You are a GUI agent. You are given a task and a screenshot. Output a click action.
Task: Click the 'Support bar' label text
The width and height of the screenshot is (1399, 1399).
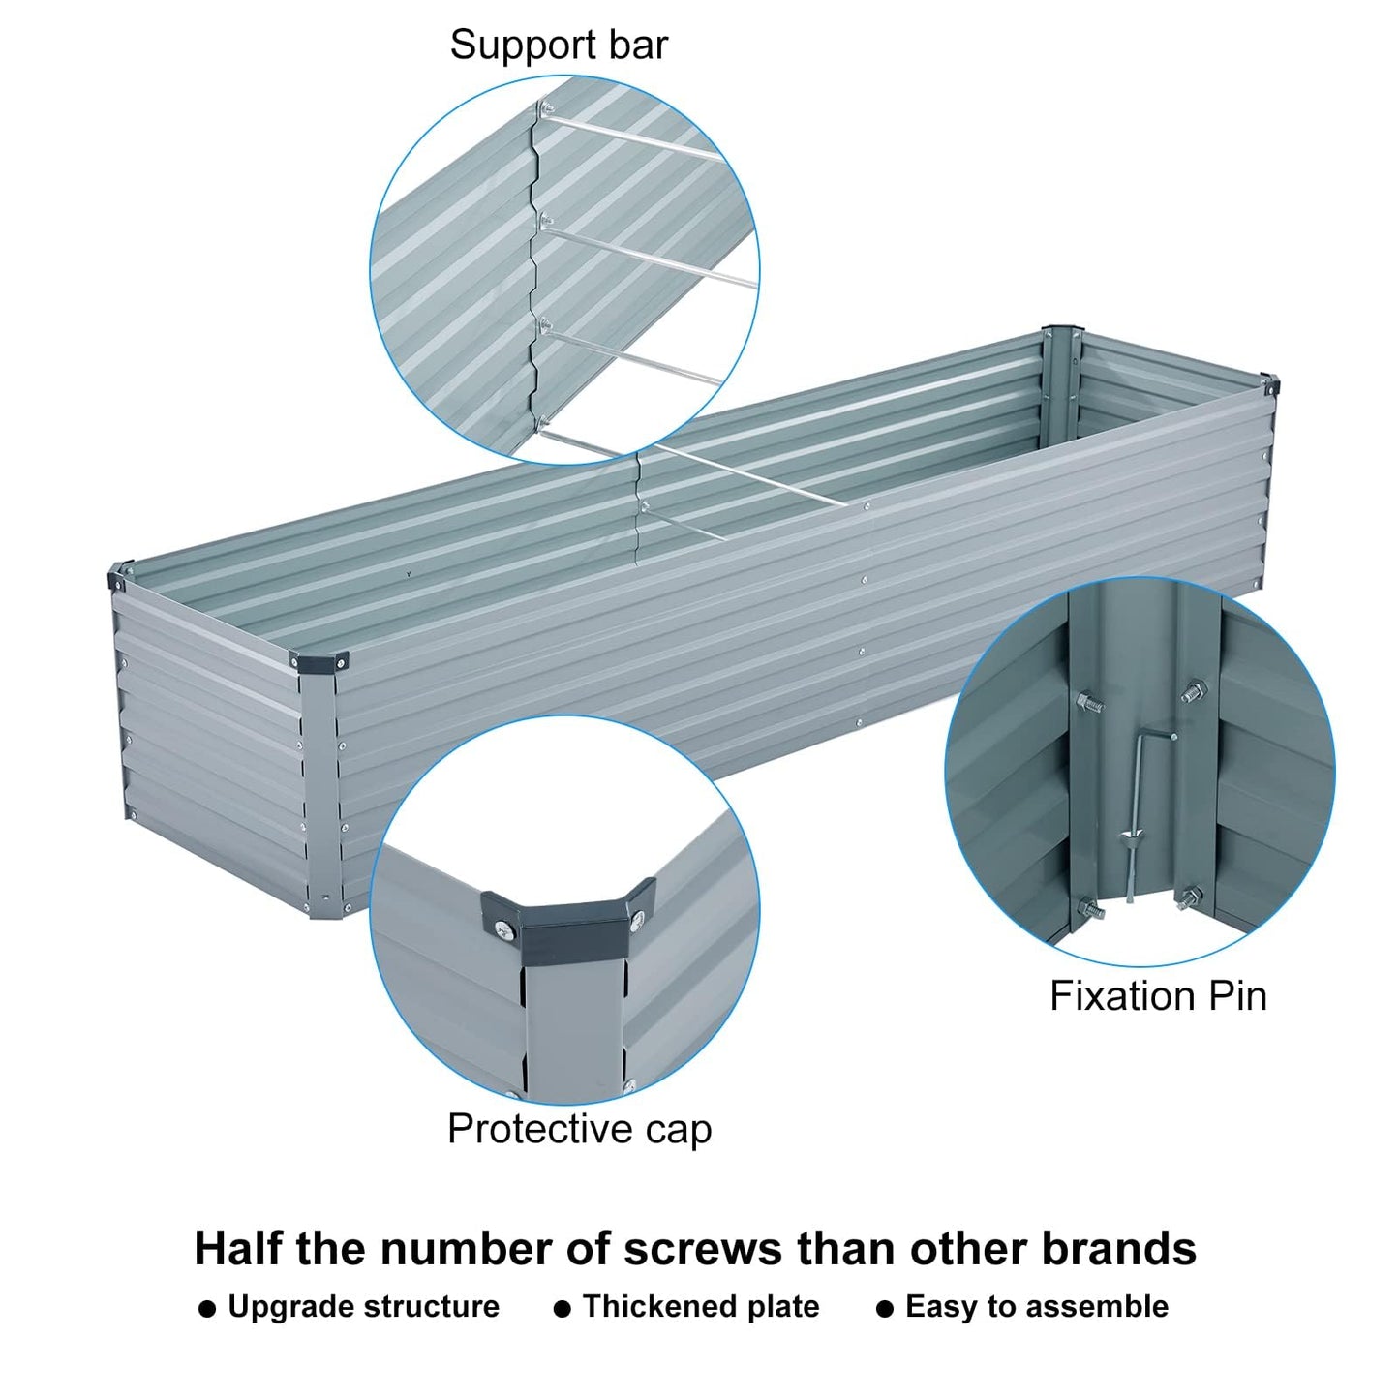559,45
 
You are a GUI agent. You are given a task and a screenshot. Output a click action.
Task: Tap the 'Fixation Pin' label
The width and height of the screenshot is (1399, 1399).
1158,996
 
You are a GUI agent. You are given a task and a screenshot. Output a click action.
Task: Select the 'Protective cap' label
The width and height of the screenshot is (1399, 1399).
579,1129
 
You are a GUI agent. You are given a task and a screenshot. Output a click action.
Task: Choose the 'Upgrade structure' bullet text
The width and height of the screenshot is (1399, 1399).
363,1307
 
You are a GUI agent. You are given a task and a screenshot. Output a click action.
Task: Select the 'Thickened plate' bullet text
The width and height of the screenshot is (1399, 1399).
701,1307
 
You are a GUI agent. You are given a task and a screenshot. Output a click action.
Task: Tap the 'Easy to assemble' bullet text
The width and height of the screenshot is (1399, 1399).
1036,1307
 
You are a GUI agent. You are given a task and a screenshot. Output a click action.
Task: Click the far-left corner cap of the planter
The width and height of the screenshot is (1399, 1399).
117,579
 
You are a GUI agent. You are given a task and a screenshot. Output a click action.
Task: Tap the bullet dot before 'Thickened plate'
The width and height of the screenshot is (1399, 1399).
561,1309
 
